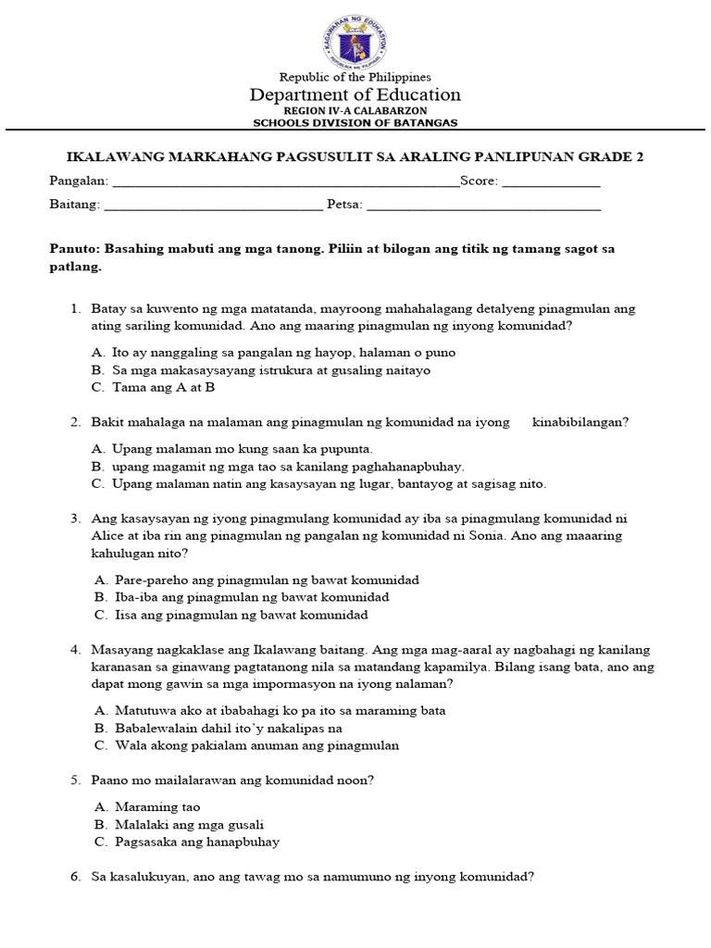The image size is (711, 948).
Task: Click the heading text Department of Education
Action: point(355,94)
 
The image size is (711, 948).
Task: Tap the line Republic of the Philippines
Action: point(355,77)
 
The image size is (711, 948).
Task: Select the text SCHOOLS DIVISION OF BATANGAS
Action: point(355,122)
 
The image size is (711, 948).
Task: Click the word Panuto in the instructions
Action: point(73,249)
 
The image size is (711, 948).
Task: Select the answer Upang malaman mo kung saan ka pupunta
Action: point(231,449)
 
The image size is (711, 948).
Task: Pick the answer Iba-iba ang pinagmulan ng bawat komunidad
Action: point(252,597)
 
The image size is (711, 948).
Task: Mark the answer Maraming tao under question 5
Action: point(157,807)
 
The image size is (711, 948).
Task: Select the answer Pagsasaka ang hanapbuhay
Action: point(197,842)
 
